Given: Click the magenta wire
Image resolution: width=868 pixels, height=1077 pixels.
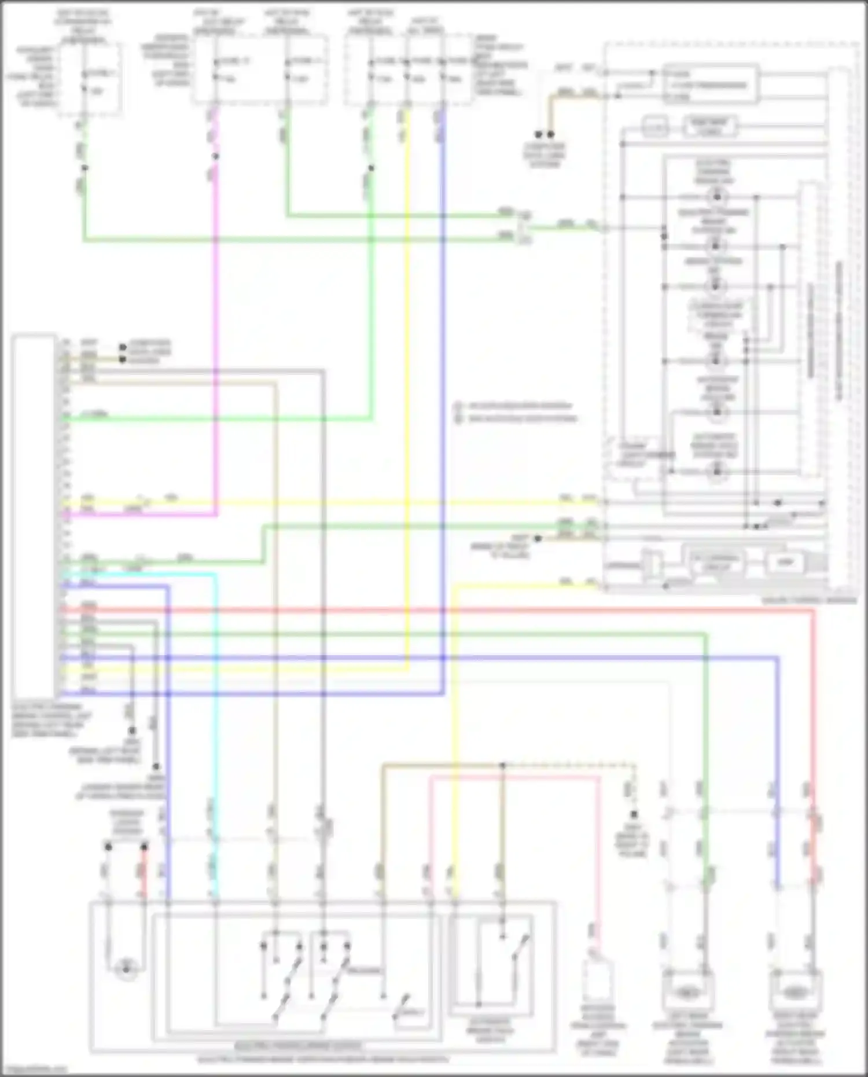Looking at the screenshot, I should (x=215, y=347).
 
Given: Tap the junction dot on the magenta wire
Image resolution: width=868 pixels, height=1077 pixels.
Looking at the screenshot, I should (x=215, y=156).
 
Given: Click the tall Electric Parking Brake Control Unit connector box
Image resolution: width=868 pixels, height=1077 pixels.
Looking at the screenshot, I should (x=34, y=515).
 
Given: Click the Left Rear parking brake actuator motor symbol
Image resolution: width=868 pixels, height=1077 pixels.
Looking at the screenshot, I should (x=686, y=993).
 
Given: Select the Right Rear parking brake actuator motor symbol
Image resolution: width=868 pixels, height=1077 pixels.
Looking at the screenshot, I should (x=796, y=993).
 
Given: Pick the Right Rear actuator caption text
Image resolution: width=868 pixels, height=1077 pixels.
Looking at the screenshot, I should (x=797, y=1042).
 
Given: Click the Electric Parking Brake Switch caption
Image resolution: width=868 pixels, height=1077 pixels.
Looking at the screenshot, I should (x=299, y=1046).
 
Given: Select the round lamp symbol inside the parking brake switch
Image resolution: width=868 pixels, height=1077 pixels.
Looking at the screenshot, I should (x=126, y=966).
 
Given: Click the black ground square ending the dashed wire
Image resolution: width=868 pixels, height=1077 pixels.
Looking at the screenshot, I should (x=634, y=814).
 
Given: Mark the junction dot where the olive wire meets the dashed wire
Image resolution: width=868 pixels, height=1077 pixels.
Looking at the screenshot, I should (x=502, y=765).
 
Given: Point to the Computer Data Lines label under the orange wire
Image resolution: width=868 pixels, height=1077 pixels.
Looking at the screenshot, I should (x=544, y=155).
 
